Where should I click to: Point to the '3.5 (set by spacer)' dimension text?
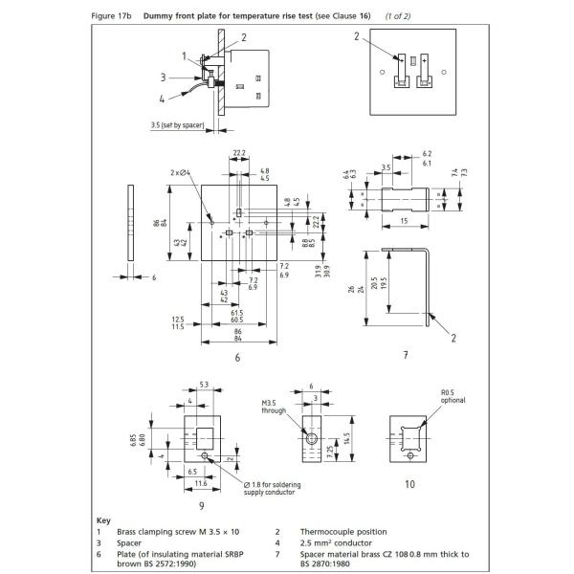(x=182, y=125)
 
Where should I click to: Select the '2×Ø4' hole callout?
(x=182, y=172)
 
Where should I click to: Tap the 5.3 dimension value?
(x=203, y=385)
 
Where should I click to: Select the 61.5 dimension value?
(x=236, y=314)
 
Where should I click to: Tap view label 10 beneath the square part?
(x=409, y=484)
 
